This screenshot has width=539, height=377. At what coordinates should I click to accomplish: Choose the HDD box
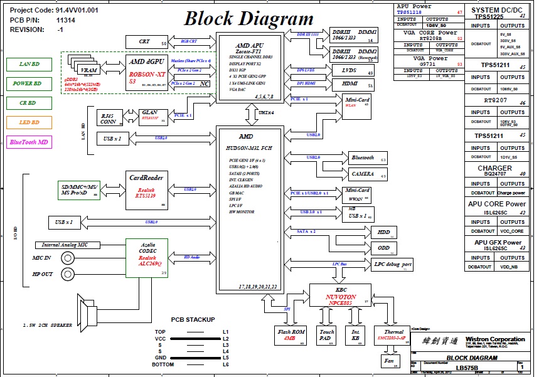pos(383,232)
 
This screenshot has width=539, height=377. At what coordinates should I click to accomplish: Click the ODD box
pos(383,248)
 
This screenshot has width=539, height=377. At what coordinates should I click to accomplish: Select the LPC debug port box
pos(393,265)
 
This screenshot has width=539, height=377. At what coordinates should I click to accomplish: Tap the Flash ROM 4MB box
pos(291,335)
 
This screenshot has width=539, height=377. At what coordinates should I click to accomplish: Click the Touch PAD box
pos(327,335)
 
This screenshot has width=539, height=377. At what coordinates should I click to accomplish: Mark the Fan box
pos(388,361)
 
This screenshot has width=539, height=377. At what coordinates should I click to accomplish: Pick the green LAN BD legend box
pos(28,64)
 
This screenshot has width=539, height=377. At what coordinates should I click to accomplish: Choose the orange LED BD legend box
pos(28,122)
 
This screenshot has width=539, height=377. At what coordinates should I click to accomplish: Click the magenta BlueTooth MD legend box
pos(28,142)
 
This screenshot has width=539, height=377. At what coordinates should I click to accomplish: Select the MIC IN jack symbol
pos(67,258)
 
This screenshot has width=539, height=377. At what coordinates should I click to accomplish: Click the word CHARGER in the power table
pos(494,169)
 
